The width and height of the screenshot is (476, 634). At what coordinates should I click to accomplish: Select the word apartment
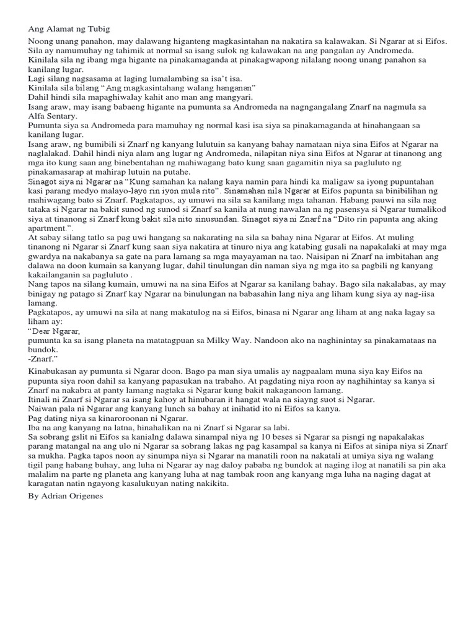click(x=51, y=228)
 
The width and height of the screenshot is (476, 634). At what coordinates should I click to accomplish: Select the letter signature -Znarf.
click(x=43, y=358)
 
